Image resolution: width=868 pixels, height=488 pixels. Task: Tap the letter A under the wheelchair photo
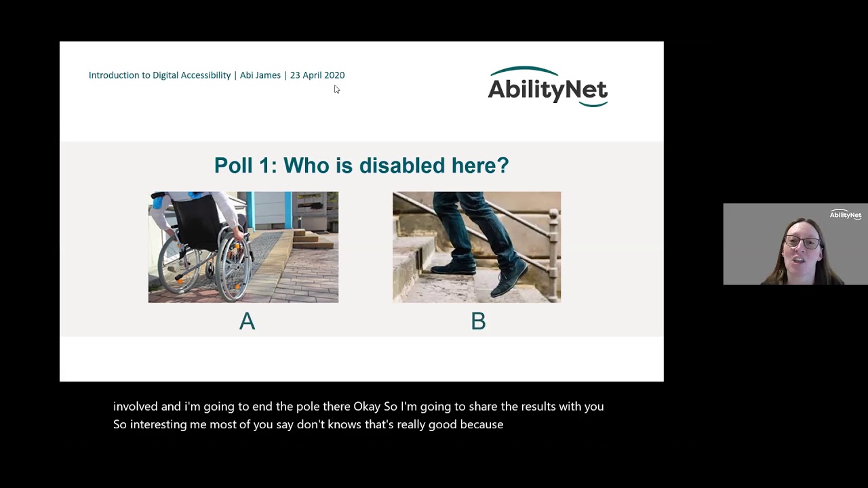pos(247,321)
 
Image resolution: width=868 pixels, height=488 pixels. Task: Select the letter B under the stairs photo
pos(478,321)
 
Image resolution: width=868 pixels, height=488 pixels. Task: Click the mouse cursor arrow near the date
pos(336,89)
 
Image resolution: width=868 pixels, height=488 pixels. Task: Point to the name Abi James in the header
pos(260,75)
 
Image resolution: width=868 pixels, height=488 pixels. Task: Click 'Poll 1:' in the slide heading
pos(245,165)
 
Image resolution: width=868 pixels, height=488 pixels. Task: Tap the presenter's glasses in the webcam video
pos(802,242)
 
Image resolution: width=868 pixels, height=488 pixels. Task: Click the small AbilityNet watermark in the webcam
pos(845,215)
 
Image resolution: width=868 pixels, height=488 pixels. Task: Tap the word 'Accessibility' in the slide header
pos(202,75)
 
